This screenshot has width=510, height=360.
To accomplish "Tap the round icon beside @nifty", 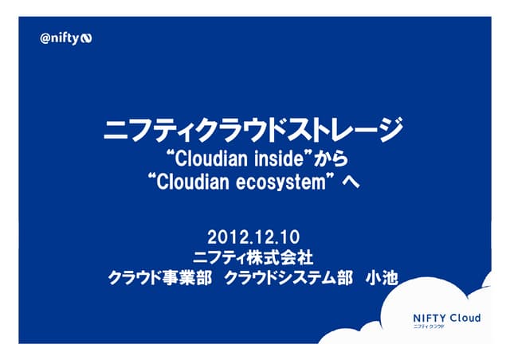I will point(87,39).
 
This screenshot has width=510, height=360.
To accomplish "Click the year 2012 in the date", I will point(223,237).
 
